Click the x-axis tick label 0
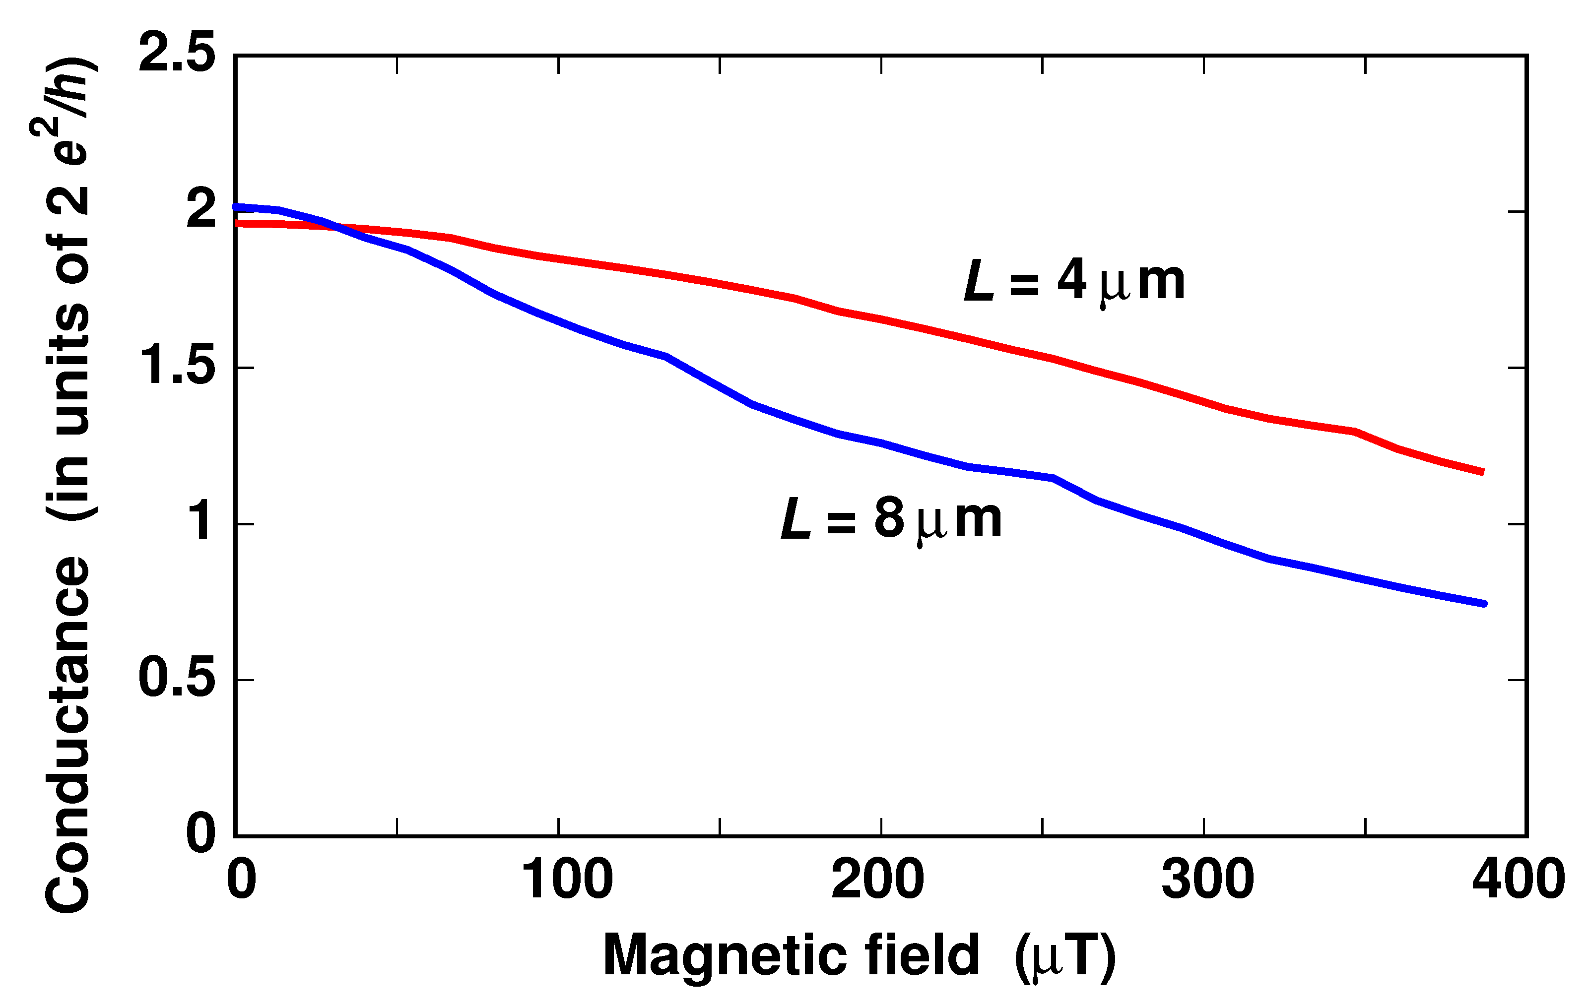[x=241, y=880]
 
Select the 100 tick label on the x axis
[x=567, y=880]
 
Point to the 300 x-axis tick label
[x=1208, y=880]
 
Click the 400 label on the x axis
[x=1519, y=880]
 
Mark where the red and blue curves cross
[x=338, y=228]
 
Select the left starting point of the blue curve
[x=236, y=207]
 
